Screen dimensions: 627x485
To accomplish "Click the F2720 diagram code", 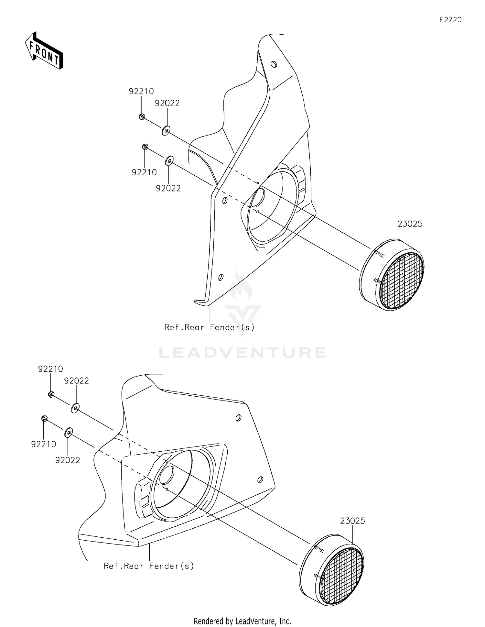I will [450, 20].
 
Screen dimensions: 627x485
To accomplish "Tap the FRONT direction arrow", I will [44, 51].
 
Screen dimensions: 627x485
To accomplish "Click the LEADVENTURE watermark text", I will [242, 352].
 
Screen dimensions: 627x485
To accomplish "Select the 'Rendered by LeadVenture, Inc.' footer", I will [242, 621].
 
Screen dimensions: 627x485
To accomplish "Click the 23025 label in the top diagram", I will [410, 224].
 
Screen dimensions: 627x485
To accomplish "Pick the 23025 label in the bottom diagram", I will [352, 521].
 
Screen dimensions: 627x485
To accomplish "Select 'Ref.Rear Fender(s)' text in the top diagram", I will [210, 327].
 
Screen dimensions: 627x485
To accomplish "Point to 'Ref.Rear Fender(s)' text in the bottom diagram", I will [149, 566].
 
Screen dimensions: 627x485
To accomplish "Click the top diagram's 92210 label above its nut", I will [141, 91].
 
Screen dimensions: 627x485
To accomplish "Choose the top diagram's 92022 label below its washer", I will [168, 188].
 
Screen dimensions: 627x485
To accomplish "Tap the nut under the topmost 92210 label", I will [142, 117].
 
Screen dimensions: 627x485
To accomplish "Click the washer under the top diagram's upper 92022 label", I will [166, 131].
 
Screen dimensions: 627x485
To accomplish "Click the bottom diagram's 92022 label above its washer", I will [76, 381].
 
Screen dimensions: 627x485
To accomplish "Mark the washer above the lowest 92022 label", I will [69, 432].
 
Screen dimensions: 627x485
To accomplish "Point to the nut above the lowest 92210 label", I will [45, 419].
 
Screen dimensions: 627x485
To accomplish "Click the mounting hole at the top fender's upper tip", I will [274, 64].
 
